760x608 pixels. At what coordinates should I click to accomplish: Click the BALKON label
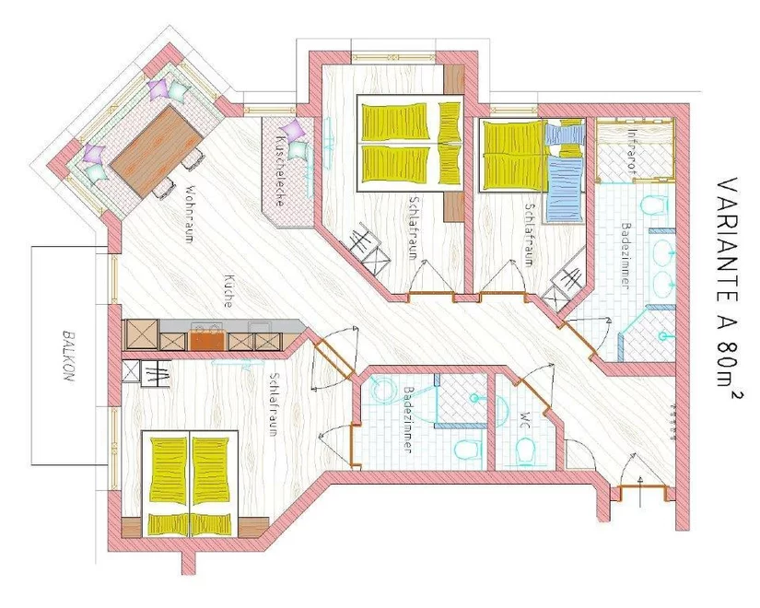click(69, 357)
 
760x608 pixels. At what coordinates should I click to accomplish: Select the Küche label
click(228, 291)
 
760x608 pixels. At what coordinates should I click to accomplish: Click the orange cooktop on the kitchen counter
click(206, 338)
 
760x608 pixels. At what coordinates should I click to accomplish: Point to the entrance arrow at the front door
click(641, 491)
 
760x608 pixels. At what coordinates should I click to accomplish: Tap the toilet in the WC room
click(524, 450)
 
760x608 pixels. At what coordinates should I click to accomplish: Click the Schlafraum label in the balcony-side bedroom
click(273, 404)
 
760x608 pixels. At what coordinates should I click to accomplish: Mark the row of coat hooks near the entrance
click(672, 421)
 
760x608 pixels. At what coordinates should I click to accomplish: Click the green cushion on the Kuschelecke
click(298, 150)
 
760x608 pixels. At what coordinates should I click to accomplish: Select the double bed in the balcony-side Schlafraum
click(190, 484)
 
